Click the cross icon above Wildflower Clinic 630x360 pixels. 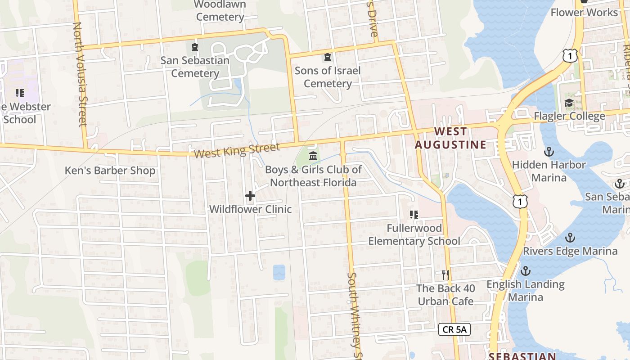point(250,196)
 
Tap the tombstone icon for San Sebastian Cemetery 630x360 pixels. point(195,47)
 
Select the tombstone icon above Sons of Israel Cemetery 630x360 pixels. point(328,58)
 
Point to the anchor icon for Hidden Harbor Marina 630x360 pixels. point(549,151)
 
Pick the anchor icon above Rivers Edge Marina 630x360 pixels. point(570,238)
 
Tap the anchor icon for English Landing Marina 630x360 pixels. point(525,271)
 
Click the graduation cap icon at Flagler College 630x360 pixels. point(569,103)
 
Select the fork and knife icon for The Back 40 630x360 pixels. point(445,274)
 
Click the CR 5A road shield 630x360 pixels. point(454,329)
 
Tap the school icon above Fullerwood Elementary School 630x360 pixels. point(414,215)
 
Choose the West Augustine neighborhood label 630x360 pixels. point(450,138)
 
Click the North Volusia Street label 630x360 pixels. point(79,74)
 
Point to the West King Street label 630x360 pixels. point(237,150)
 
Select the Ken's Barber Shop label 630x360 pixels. point(110,171)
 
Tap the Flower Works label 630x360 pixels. point(585,12)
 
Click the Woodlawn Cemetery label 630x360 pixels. point(220,11)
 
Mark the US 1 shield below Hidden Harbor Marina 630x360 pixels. point(520,201)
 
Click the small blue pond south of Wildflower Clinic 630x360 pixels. point(279,272)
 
